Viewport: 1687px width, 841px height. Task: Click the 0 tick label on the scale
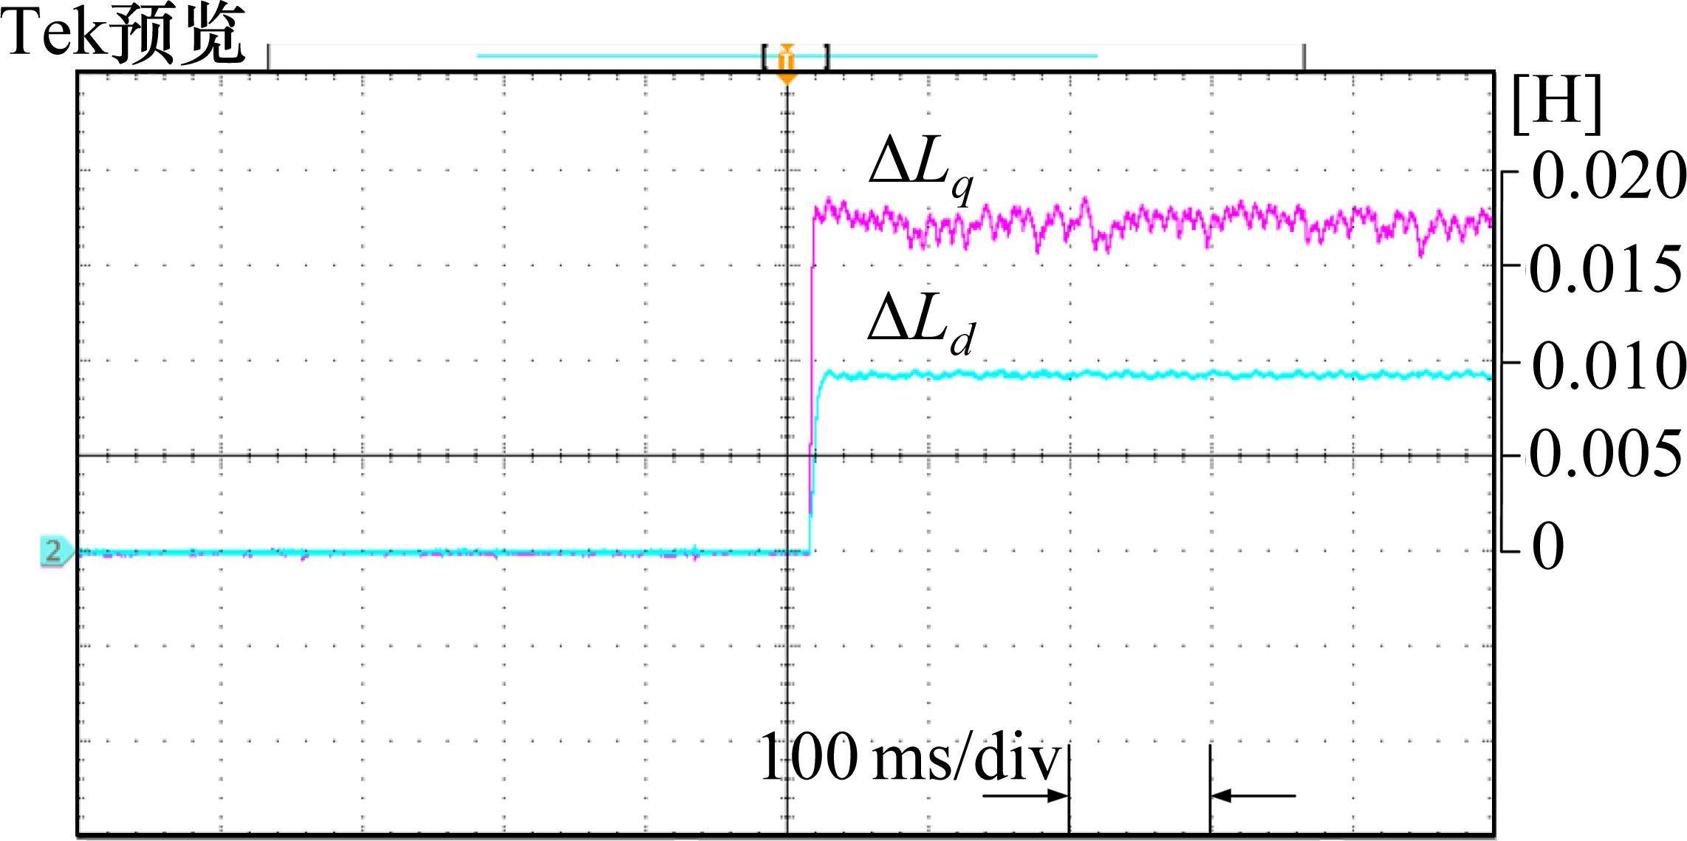1549,547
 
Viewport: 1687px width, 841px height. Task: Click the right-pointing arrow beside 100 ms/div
1027,796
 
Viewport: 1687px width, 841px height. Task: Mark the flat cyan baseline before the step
443,551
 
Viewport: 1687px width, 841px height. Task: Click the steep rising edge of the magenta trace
812,333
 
